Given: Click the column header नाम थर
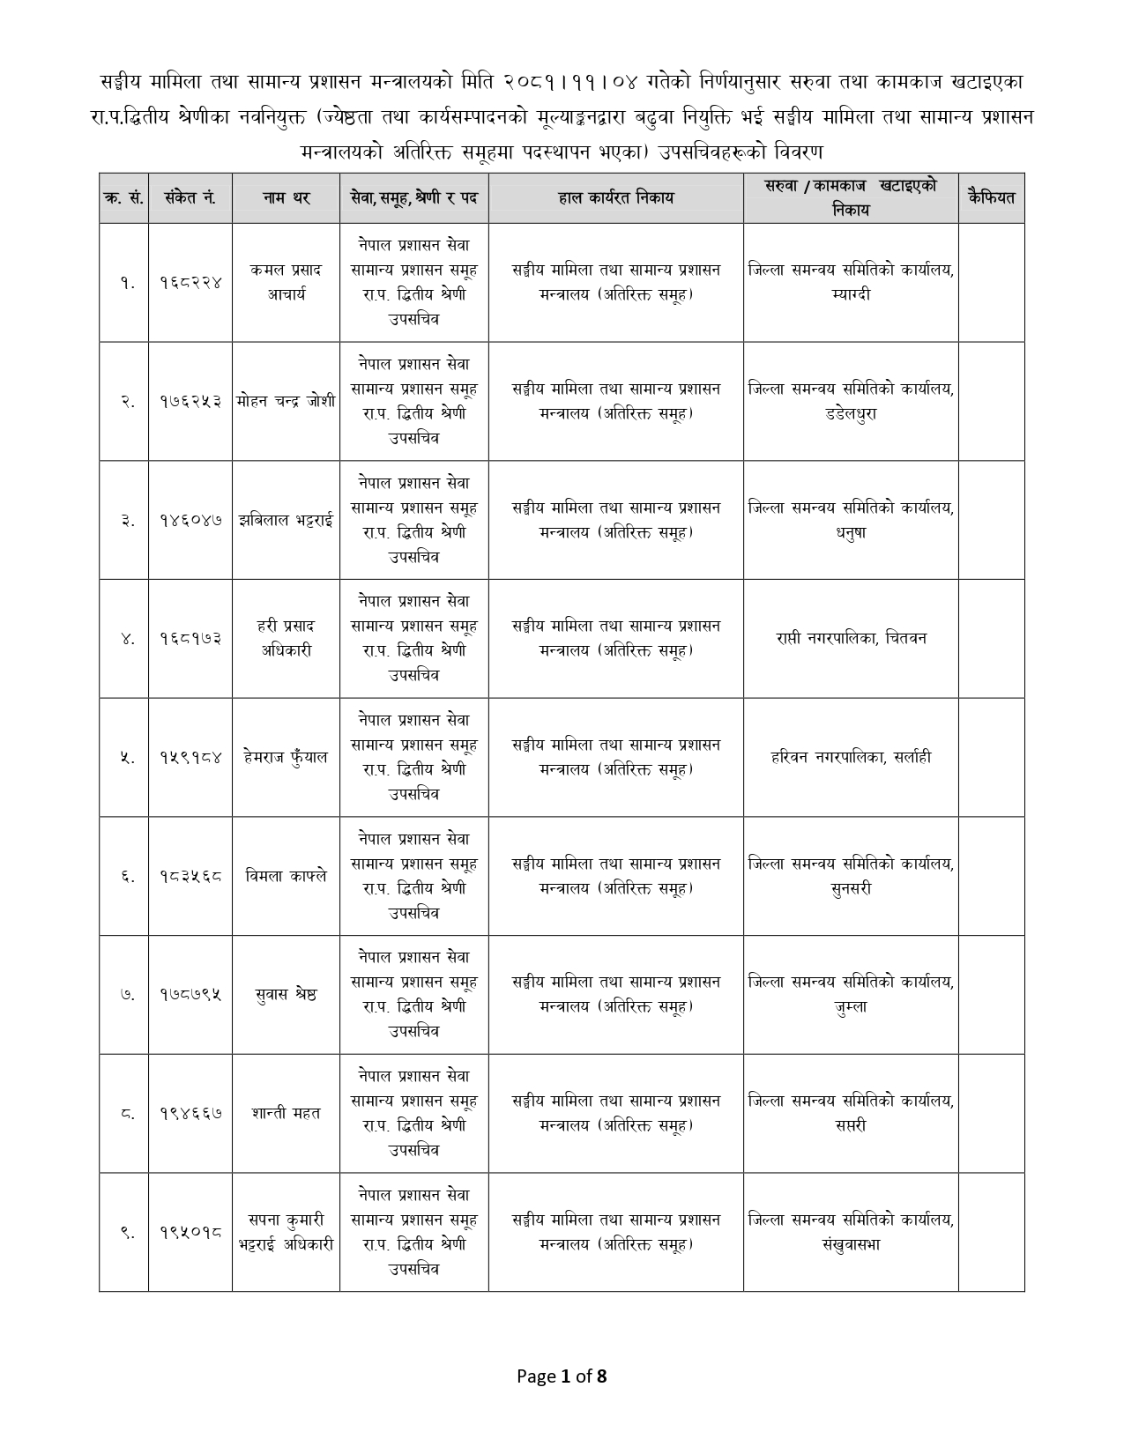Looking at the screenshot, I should (286, 198).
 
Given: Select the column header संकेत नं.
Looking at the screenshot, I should (190, 198).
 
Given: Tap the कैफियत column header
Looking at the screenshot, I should (991, 198).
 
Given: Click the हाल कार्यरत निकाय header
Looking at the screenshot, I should (615, 198).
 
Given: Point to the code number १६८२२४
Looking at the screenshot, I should (190, 283).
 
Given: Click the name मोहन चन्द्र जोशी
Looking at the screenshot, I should (286, 401).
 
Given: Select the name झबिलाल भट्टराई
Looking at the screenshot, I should (286, 520).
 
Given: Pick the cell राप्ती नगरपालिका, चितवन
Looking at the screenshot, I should (851, 638).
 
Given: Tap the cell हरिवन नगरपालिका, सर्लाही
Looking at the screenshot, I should (851, 757).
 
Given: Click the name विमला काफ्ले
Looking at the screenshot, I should (286, 876).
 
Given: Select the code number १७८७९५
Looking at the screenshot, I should (190, 995).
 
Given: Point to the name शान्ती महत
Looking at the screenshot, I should (286, 1113).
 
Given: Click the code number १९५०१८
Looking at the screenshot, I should (190, 1232).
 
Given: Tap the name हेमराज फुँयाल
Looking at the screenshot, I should (286, 757).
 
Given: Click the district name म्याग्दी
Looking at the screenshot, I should (851, 295).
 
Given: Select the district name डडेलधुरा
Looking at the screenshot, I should (851, 414).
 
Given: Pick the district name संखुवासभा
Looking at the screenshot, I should (851, 1245).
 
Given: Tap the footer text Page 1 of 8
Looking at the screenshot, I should (562, 1376).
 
